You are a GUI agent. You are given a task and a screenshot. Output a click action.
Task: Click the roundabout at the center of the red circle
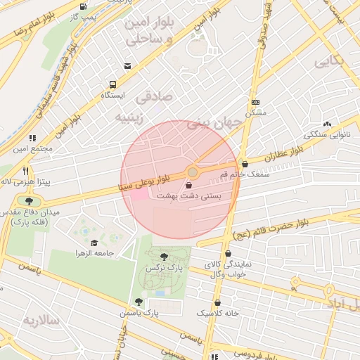point(192,172)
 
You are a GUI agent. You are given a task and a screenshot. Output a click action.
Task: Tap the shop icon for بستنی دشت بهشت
point(188,185)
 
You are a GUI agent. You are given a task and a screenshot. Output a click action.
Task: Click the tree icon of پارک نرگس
point(164,257)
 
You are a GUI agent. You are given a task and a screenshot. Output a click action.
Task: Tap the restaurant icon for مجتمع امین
point(32,139)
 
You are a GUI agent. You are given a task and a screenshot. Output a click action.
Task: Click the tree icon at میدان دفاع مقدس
point(29,201)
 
